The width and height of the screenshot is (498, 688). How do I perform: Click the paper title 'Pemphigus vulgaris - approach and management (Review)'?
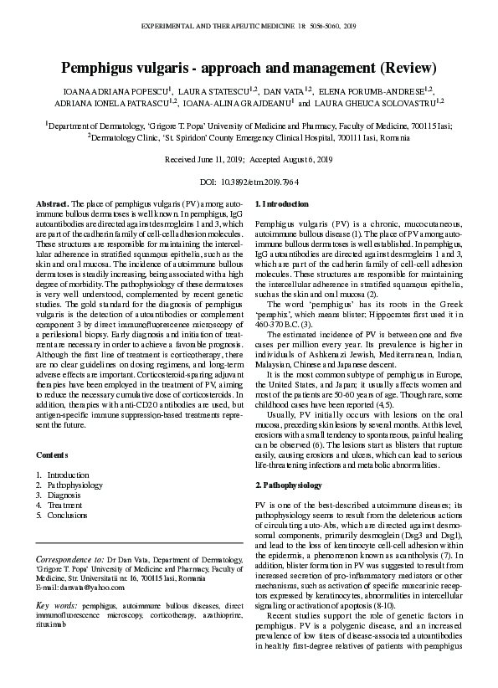[x=249, y=66]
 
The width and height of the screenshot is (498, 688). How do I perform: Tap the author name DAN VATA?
[x=284, y=90]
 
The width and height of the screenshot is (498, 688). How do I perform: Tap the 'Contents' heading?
[x=54, y=454]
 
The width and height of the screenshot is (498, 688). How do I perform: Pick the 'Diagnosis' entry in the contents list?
[x=65, y=495]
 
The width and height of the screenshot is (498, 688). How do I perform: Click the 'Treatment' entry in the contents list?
[x=64, y=506]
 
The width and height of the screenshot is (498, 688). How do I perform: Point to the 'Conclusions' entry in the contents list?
[x=68, y=516]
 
